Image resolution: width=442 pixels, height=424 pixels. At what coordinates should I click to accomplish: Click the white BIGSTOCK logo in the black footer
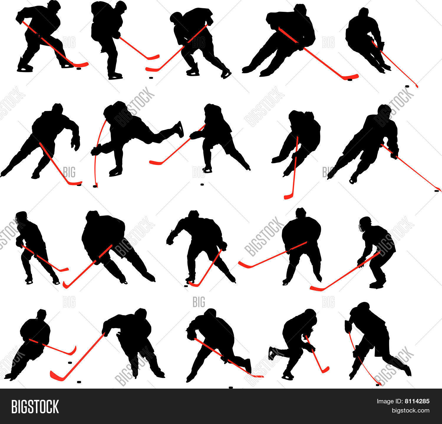[35, 407]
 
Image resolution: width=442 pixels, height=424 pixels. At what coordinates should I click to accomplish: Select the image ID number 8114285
[417, 401]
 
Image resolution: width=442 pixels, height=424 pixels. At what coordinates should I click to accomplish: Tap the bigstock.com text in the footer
[410, 410]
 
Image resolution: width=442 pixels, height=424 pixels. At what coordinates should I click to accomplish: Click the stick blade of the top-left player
[80, 64]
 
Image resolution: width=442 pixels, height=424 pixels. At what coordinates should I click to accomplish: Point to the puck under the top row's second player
[151, 78]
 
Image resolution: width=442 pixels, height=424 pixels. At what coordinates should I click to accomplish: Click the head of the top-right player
[364, 12]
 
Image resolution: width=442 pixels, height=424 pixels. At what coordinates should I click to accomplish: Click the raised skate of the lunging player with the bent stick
[179, 129]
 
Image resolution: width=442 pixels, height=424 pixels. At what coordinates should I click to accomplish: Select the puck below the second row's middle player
[202, 185]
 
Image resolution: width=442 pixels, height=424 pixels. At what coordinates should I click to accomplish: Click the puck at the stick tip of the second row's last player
[437, 191]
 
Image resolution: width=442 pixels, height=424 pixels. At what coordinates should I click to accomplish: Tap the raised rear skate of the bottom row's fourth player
[272, 353]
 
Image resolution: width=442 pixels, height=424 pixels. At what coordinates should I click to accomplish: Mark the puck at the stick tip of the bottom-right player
[377, 385]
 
